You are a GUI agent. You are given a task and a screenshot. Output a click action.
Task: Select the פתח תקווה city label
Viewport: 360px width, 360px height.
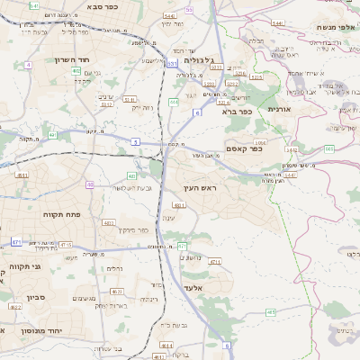(x=62, y=215)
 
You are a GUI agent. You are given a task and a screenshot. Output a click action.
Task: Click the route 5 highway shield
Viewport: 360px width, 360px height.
(x=135, y=141)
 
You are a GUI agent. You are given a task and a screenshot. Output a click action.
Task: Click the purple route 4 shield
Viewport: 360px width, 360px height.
(x=29, y=65)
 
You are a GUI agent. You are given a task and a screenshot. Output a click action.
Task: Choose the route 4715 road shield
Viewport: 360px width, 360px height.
(x=66, y=244)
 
